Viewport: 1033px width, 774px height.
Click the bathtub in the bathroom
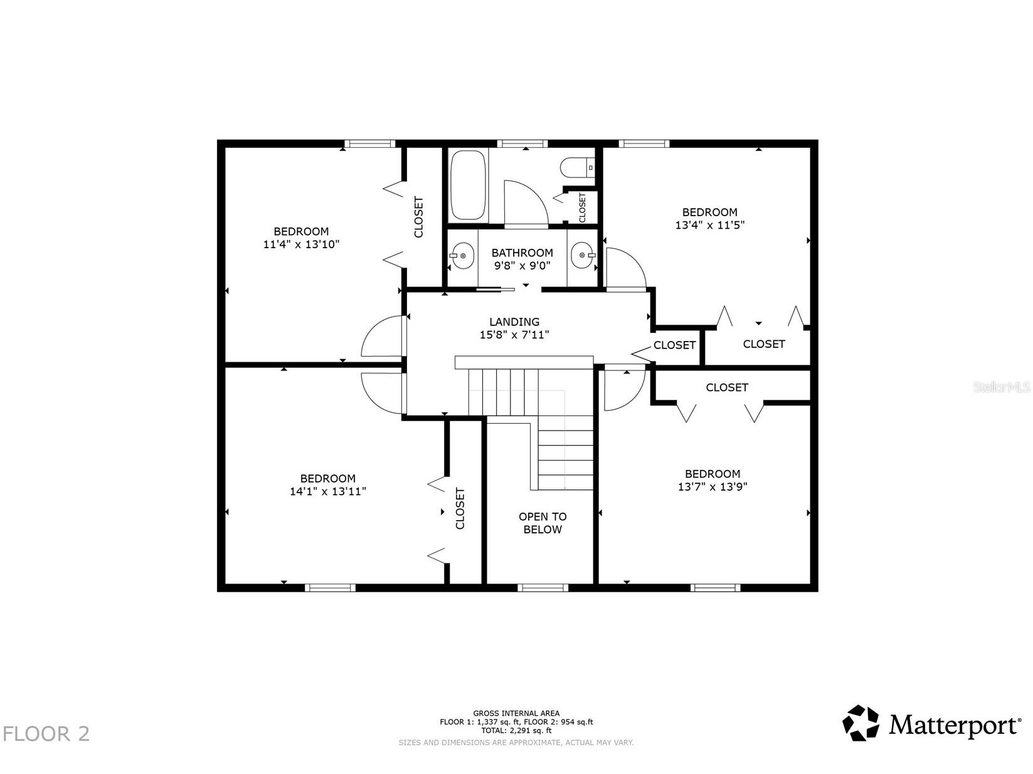click(x=468, y=185)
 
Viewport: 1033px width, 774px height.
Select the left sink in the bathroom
click(x=461, y=256)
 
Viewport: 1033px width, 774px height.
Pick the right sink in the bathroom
click(x=583, y=255)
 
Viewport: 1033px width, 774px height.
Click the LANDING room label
click(x=514, y=322)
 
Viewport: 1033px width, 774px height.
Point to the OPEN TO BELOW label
click(x=543, y=523)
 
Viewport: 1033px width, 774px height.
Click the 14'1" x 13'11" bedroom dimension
click(x=328, y=491)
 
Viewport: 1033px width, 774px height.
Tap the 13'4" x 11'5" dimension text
click(x=710, y=225)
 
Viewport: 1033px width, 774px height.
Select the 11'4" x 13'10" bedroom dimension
click(x=301, y=244)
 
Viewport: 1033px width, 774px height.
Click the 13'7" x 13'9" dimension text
click(x=713, y=487)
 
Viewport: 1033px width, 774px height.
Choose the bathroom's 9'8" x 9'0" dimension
click(x=522, y=266)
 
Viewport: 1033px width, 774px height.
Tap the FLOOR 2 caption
click(x=46, y=734)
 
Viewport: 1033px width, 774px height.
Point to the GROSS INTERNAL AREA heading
click(x=516, y=713)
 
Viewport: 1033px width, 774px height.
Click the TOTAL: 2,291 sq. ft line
click(x=516, y=731)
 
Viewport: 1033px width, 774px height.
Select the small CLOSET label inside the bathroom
click(x=583, y=208)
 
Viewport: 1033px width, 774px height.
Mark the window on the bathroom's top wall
click(x=522, y=144)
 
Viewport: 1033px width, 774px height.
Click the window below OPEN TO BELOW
click(x=543, y=588)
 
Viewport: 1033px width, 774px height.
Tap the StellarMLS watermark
click(x=1002, y=387)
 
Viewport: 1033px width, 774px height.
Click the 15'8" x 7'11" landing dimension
click(x=514, y=335)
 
